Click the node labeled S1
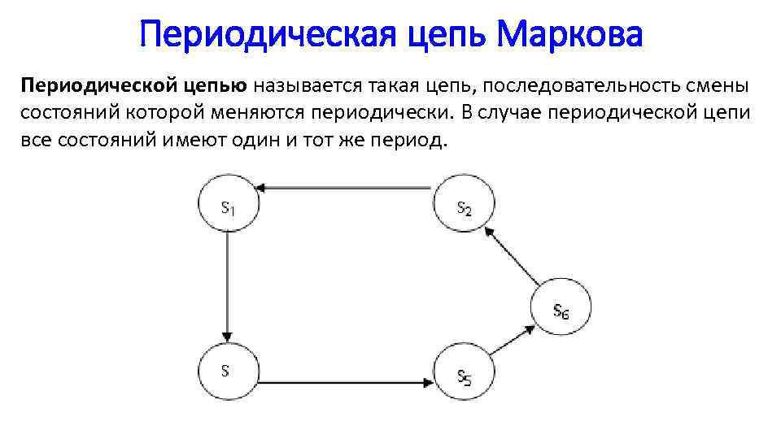coord(229,205)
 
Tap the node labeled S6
coord(561,310)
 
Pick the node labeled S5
coord(465,375)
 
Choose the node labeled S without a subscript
coord(228,371)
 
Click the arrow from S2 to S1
coord(347,189)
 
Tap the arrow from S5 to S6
coord(513,339)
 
